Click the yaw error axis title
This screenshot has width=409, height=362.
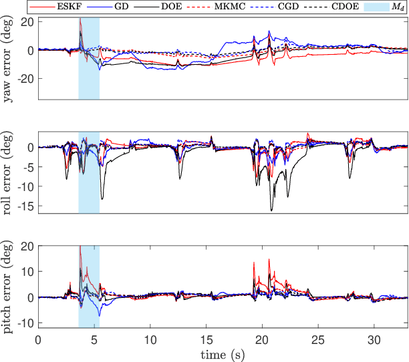coord(9,58)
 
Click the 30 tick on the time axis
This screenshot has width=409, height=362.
coord(374,339)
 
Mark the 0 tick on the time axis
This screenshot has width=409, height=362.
coord(38,339)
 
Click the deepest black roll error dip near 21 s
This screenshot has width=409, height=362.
coord(272,210)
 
